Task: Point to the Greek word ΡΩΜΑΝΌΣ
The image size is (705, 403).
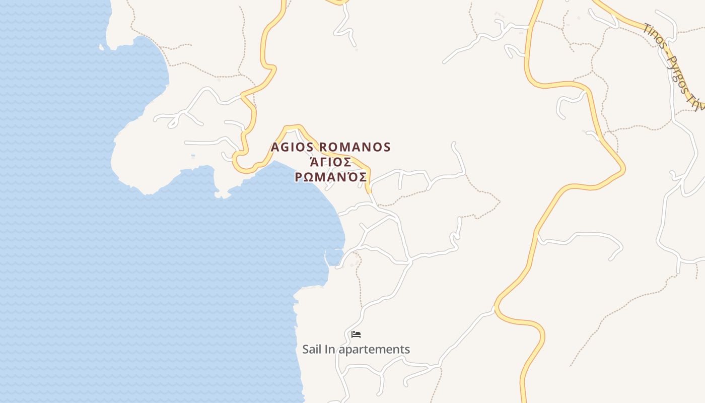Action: pos(331,177)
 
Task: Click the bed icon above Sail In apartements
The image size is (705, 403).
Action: pos(356,334)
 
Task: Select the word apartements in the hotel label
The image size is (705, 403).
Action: pos(375,350)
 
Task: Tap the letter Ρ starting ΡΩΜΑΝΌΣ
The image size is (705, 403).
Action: pos(299,178)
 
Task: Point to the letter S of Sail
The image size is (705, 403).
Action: pos(306,349)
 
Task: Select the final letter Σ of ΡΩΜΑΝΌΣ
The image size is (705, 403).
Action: pos(362,178)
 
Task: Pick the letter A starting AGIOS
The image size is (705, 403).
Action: pos(275,147)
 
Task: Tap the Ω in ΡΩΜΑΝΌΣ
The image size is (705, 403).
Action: pos(310,178)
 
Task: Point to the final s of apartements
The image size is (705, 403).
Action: pos(407,349)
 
